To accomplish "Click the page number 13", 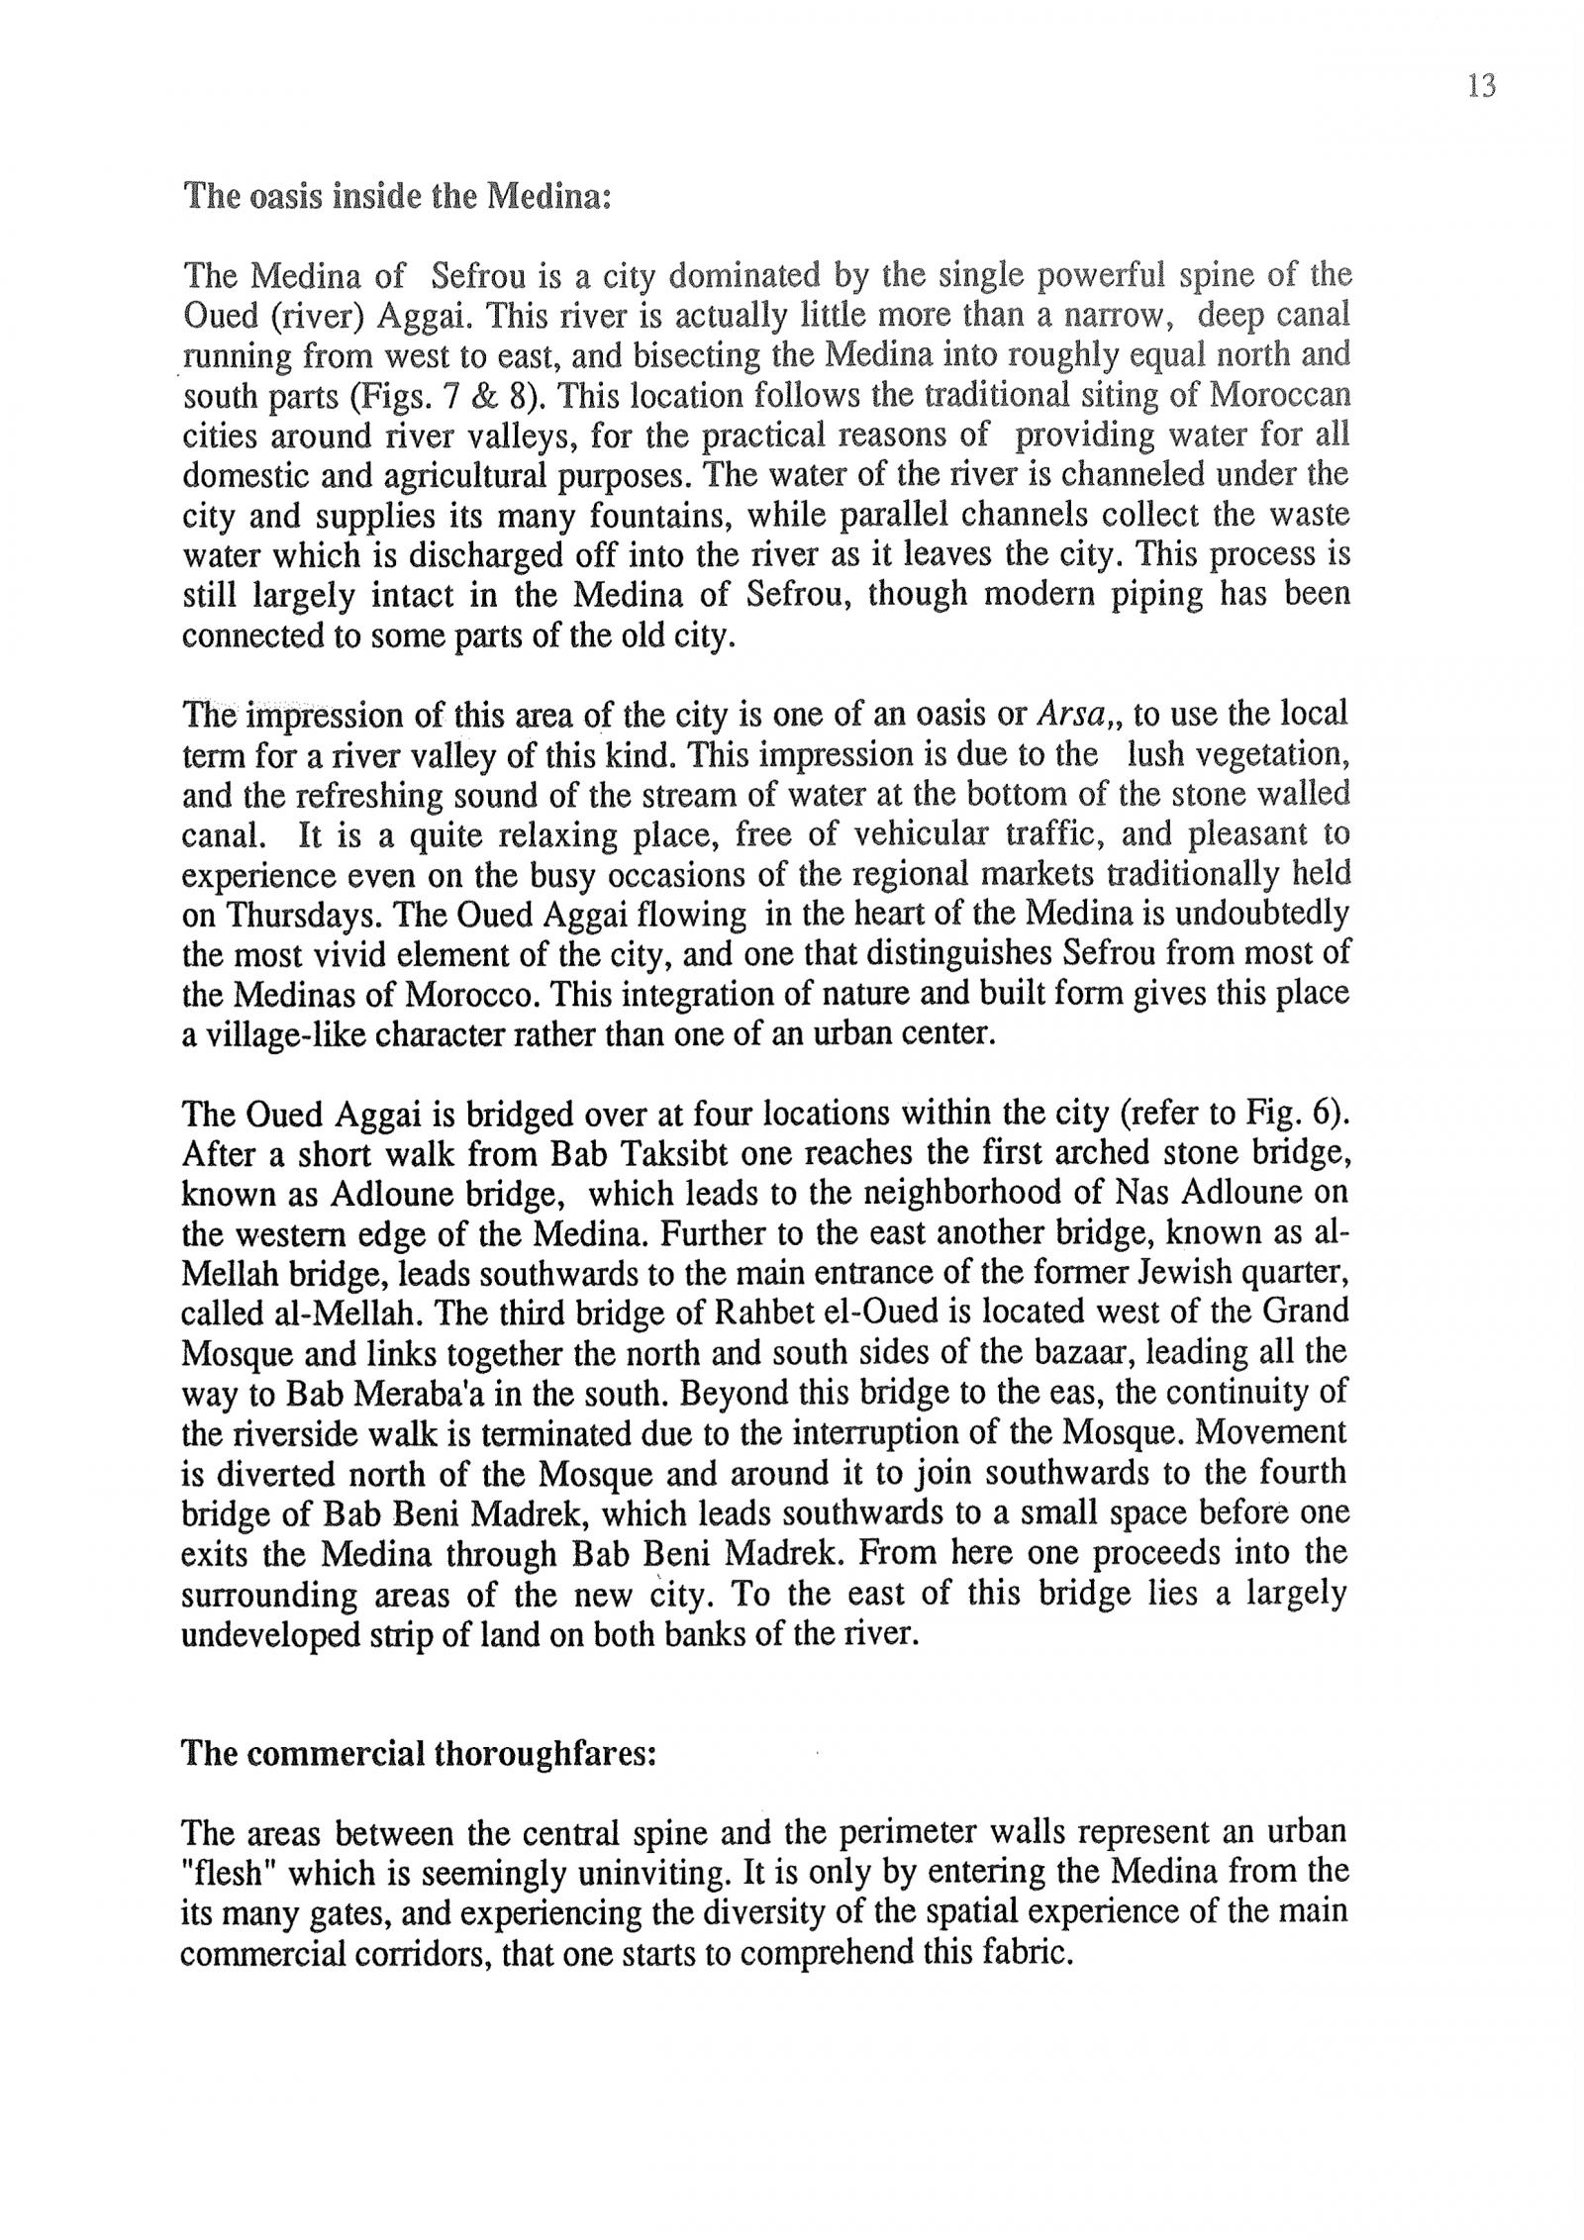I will coord(1481,87).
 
